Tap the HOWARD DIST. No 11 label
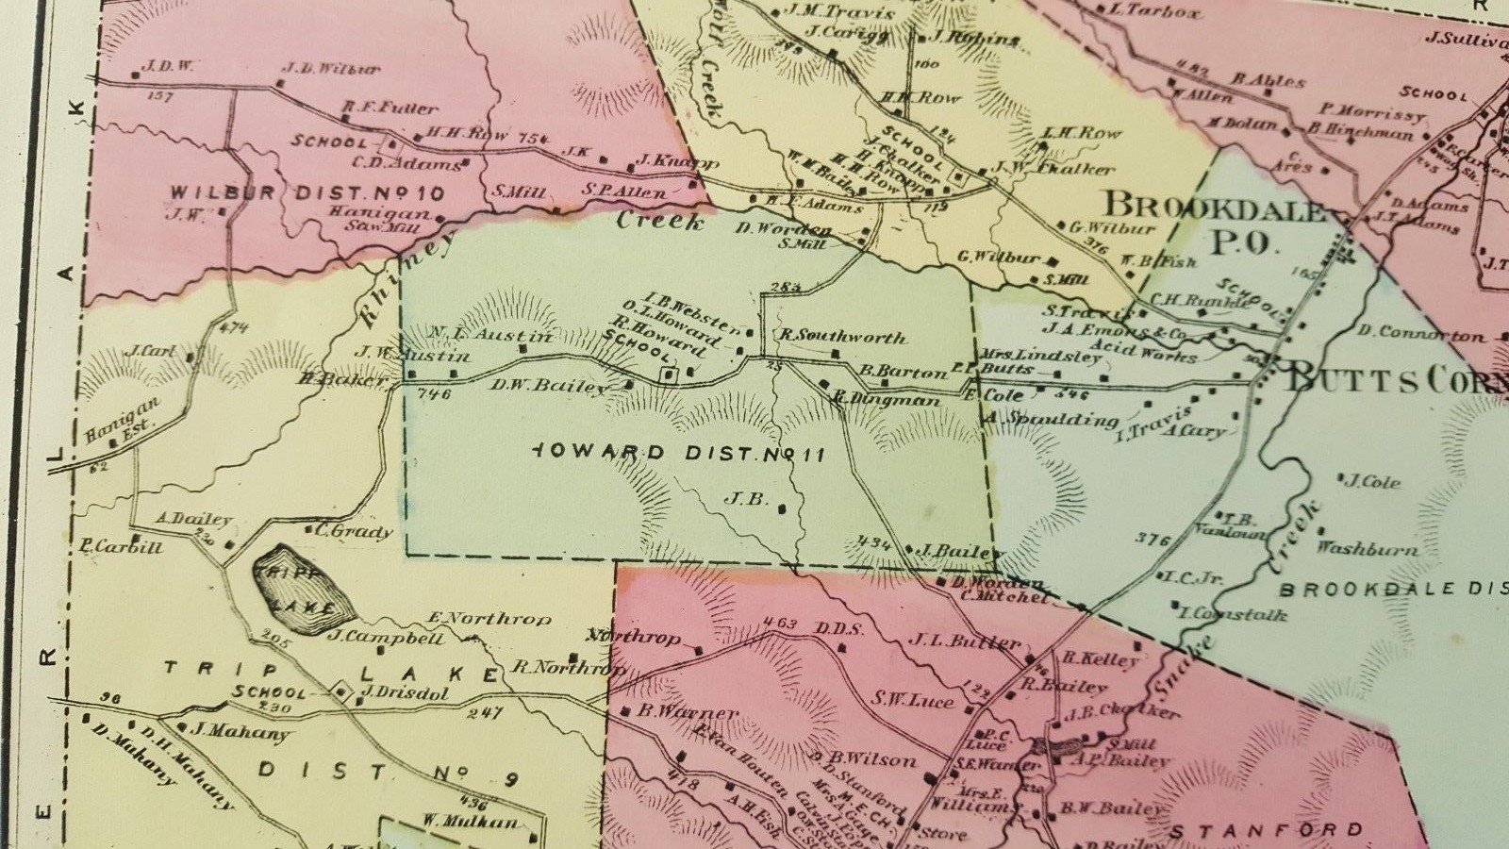[x=677, y=454]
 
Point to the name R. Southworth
[x=842, y=337]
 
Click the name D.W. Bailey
[x=549, y=385]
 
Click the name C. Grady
[x=354, y=531]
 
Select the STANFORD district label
[x=1266, y=830]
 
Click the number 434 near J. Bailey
[x=876, y=541]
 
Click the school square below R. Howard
[x=671, y=375]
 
